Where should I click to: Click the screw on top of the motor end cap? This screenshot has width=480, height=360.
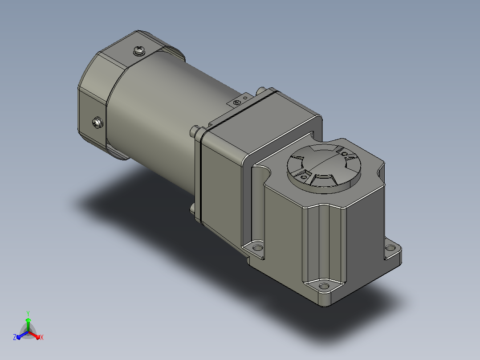click(139, 50)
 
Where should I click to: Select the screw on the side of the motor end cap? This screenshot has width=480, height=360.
click(98, 123)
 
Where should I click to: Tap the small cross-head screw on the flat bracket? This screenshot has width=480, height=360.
click(236, 102)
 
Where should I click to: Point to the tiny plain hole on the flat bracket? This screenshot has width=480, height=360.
click(245, 98)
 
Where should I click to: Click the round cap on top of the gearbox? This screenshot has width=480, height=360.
click(324, 168)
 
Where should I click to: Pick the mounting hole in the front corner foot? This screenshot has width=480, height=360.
click(324, 286)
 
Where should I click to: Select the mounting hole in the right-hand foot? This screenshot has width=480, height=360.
click(390, 248)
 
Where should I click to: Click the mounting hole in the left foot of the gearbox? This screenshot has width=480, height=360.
click(257, 247)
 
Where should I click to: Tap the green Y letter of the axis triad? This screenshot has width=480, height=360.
click(28, 313)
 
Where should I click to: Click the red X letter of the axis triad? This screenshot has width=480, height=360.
click(42, 337)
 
